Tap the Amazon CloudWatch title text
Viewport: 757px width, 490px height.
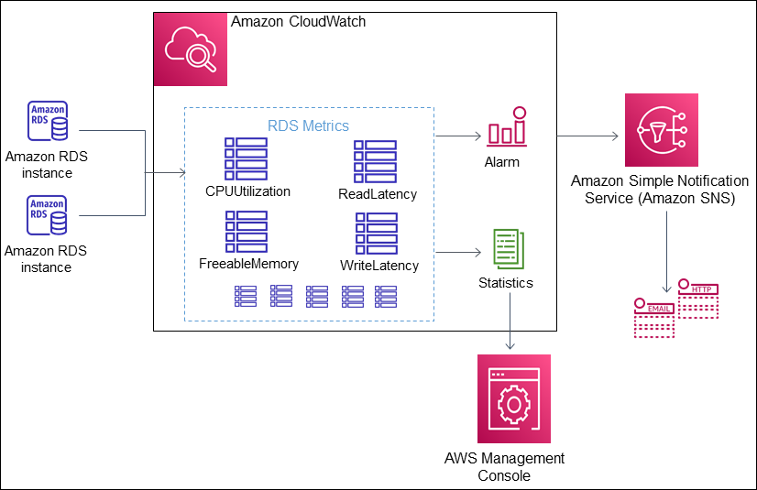click(x=297, y=21)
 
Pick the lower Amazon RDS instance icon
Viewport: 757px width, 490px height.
click(x=46, y=215)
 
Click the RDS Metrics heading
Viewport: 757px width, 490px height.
click(x=308, y=125)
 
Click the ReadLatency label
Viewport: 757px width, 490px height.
click(x=377, y=194)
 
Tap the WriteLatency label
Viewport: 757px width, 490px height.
click(x=378, y=266)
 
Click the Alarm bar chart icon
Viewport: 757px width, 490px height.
click(x=506, y=128)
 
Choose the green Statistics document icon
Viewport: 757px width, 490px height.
click(x=507, y=249)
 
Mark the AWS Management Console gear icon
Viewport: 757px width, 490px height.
click(x=514, y=398)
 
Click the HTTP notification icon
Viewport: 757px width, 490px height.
click(x=698, y=299)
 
